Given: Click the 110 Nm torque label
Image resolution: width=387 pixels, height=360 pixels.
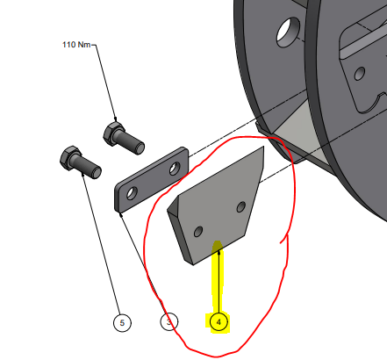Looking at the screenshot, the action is click(x=76, y=45).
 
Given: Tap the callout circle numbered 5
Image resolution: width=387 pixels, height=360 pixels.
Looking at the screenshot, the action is click(x=122, y=322).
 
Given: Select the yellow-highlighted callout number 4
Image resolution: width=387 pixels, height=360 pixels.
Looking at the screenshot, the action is click(x=219, y=322).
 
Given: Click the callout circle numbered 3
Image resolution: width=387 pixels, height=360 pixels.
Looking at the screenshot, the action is click(x=169, y=322).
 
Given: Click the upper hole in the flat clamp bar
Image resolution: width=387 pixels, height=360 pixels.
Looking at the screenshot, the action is click(x=175, y=169).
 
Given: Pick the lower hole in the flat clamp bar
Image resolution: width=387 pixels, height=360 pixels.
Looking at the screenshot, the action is click(x=132, y=193).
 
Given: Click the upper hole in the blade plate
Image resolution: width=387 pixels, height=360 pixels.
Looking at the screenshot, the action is click(x=241, y=206).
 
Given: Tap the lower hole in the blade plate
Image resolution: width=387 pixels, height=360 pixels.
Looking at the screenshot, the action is click(x=198, y=232).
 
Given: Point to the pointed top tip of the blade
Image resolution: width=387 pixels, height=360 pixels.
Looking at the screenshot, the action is click(x=263, y=147).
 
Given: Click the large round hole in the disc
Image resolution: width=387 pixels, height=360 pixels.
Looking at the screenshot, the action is click(x=288, y=32).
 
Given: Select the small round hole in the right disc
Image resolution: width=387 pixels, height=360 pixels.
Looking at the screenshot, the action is click(x=360, y=74).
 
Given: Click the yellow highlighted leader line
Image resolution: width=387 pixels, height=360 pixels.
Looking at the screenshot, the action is click(x=219, y=281).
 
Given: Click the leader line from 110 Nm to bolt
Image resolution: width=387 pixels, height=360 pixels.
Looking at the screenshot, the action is click(x=105, y=83).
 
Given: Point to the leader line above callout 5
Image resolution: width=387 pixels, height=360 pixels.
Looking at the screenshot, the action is click(x=101, y=243).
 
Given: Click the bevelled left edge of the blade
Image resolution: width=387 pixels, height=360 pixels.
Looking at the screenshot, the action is click(x=174, y=205).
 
